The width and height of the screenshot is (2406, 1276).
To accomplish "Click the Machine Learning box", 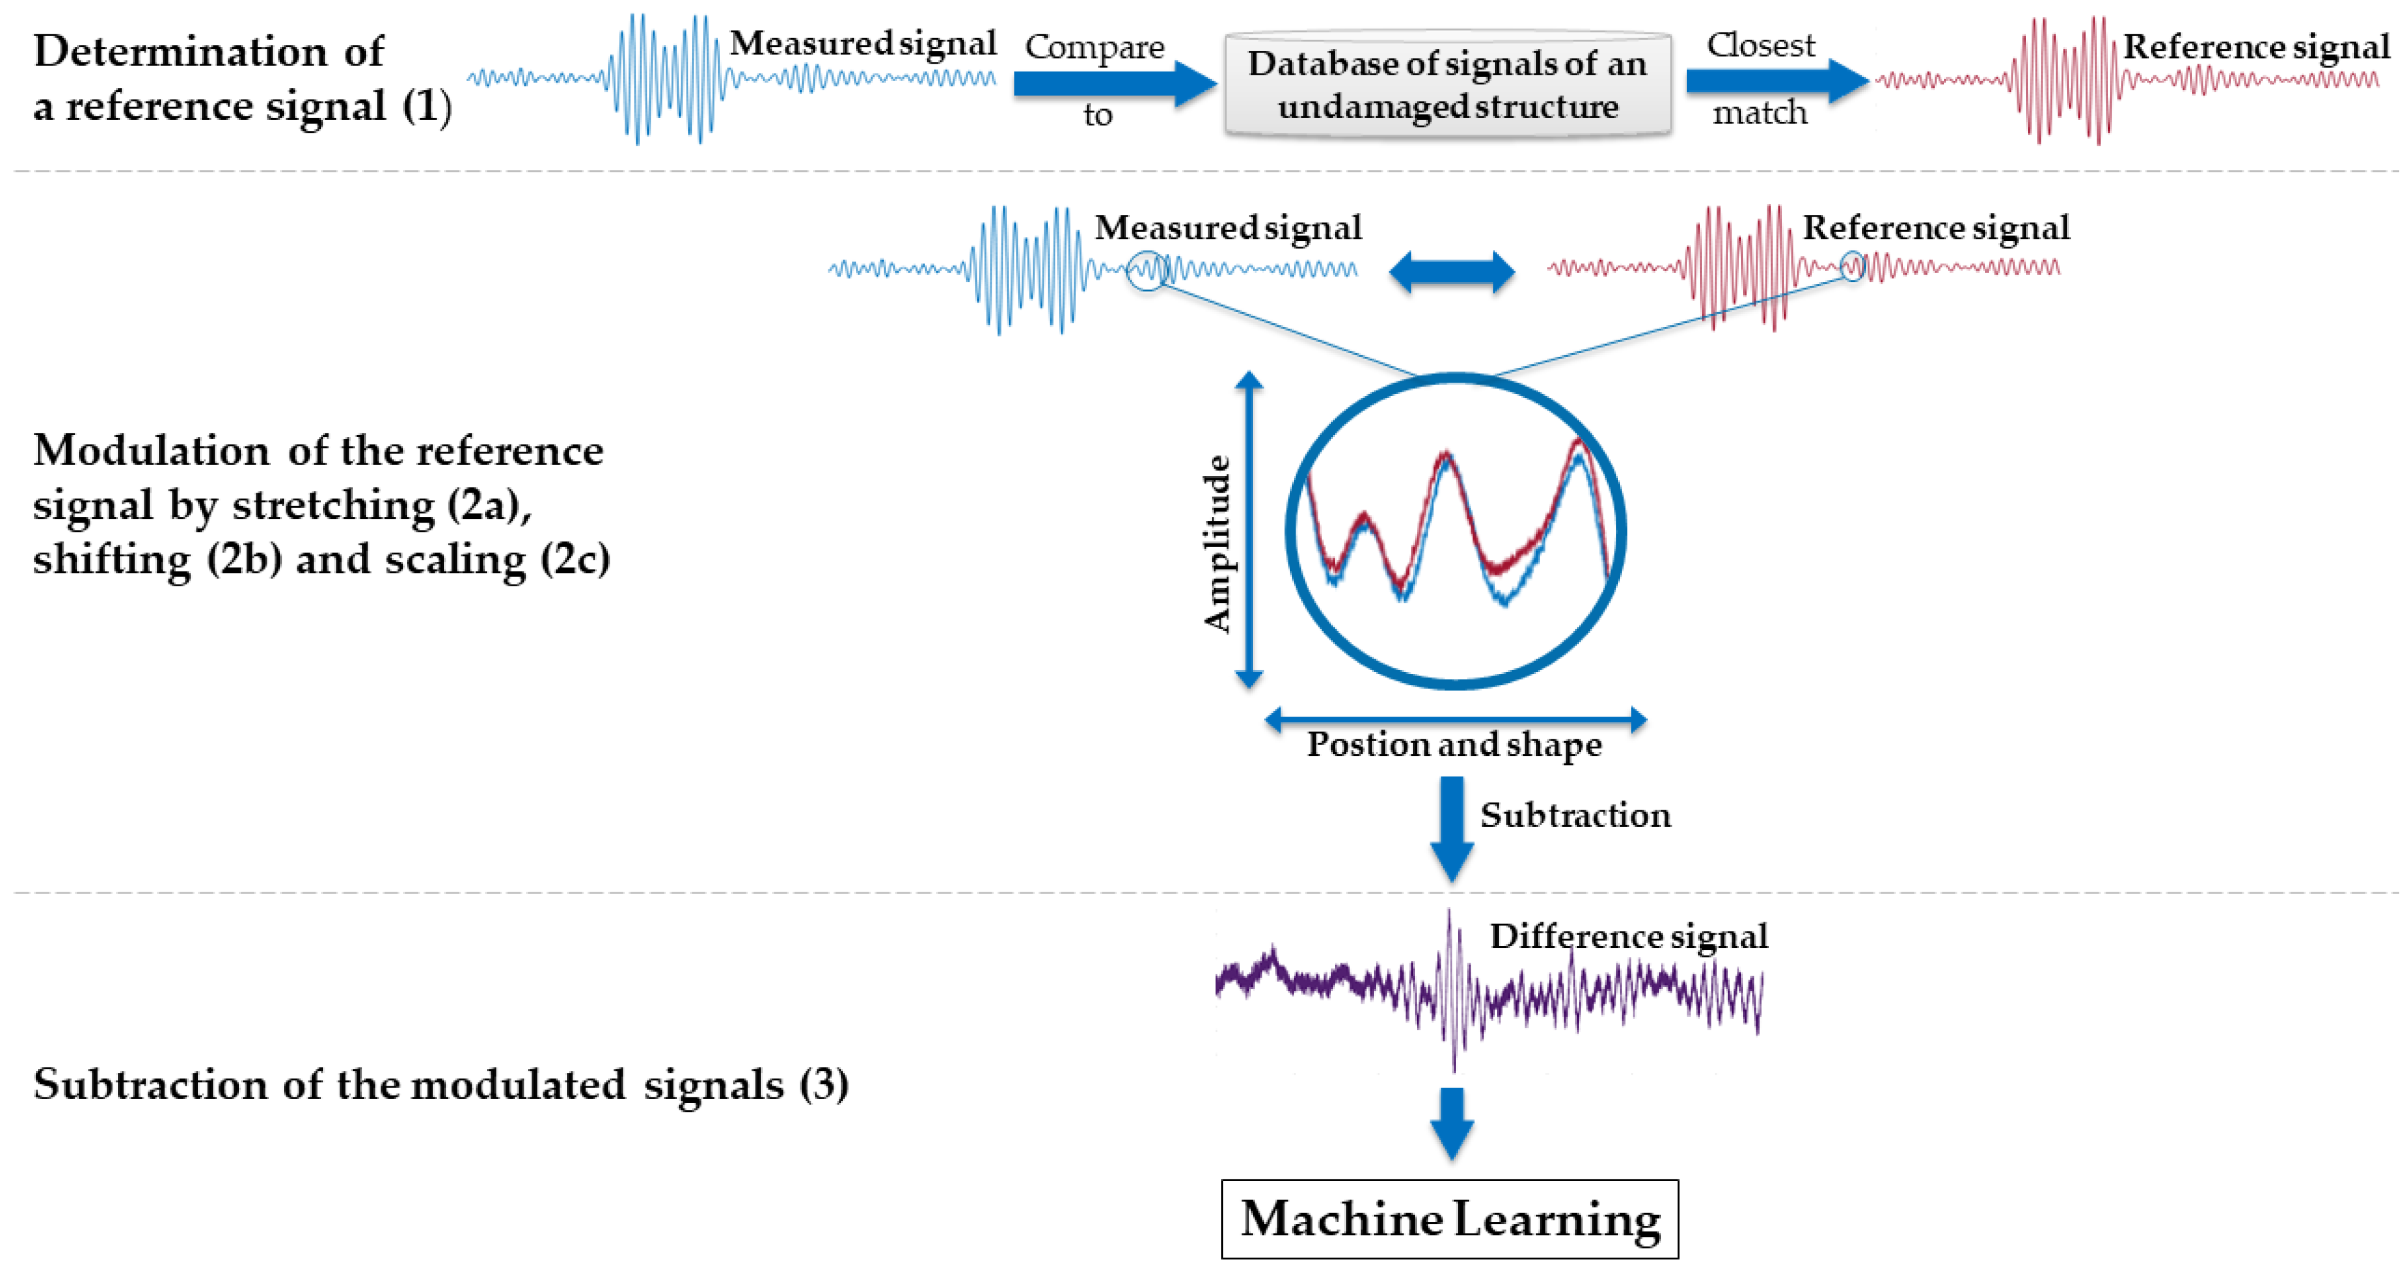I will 1450,1219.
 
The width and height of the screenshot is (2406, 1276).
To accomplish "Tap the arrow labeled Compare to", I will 1112,83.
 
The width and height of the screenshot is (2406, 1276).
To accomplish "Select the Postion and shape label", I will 1454,745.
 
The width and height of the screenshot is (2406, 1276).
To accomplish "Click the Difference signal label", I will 1628,936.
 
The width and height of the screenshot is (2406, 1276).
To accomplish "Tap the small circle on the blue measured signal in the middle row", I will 1147,271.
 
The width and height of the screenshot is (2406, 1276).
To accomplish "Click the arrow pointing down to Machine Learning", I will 1452,1123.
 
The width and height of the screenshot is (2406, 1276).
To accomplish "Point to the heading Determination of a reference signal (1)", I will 241,78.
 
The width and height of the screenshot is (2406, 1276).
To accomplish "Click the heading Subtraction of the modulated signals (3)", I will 441,1084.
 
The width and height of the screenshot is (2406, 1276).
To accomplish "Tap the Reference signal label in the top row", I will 2256,47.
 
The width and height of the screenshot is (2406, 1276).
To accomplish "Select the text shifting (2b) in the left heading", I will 157,559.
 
